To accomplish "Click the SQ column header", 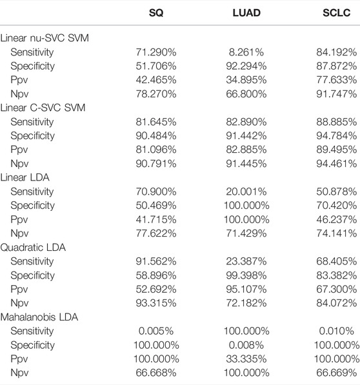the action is [156, 13].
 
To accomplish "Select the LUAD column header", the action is [246, 13].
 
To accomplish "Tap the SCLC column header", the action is [336, 13].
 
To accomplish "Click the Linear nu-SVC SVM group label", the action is [45, 38].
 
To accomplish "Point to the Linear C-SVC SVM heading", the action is [43, 108].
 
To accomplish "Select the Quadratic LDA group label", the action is [33, 247].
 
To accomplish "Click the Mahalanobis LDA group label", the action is [39, 317].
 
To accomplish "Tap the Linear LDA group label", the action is [25, 177].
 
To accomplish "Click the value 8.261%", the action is [246, 52].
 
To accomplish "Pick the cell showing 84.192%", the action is [336, 52].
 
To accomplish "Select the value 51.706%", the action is [156, 66].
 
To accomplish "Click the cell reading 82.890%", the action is [246, 122].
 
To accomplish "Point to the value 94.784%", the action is [336, 136].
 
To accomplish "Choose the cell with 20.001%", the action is [246, 192].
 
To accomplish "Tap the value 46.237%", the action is [336, 219].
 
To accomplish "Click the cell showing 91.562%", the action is [156, 261].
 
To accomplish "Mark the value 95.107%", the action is [246, 290].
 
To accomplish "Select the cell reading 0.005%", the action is [156, 331].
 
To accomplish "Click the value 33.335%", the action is [246, 359].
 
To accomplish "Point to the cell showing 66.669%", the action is [336, 373].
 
